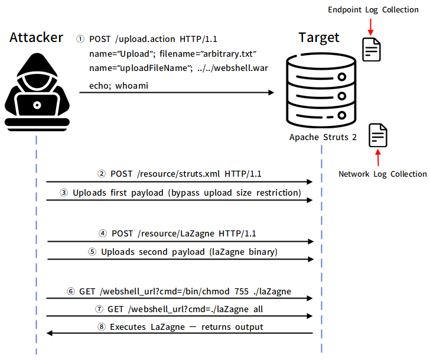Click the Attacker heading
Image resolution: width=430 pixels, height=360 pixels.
point(37,38)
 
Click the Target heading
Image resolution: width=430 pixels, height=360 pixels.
point(319,38)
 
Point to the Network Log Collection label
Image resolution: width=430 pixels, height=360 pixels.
point(382,174)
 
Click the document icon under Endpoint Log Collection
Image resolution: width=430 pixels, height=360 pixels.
point(372,50)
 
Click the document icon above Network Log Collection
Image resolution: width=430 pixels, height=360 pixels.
point(378,135)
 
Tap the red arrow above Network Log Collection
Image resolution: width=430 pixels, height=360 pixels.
point(378,158)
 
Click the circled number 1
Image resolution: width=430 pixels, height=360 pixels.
point(80,39)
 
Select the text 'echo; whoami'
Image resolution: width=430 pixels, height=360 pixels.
point(119,86)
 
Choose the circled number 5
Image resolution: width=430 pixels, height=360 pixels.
point(92,252)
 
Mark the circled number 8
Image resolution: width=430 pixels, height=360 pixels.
point(100,326)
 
